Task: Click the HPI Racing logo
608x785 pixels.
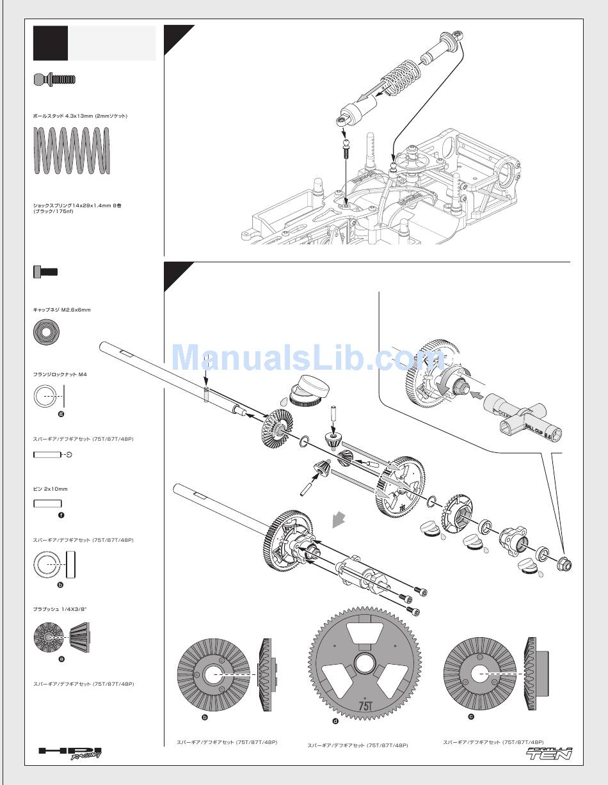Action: click(70, 752)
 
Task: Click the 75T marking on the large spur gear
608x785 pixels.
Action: click(365, 705)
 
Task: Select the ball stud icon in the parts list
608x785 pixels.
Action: click(54, 79)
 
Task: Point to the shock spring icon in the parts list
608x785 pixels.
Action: click(71, 150)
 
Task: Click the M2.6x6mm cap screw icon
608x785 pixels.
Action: click(45, 271)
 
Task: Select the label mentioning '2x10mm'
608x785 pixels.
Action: click(50, 489)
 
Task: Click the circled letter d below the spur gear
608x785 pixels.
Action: click(335, 721)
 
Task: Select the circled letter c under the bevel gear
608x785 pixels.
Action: click(471, 717)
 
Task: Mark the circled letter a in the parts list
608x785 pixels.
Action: click(61, 658)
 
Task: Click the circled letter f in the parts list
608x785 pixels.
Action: click(61, 515)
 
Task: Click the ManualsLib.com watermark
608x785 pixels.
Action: click(300, 357)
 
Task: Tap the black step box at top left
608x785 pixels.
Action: click(51, 44)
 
